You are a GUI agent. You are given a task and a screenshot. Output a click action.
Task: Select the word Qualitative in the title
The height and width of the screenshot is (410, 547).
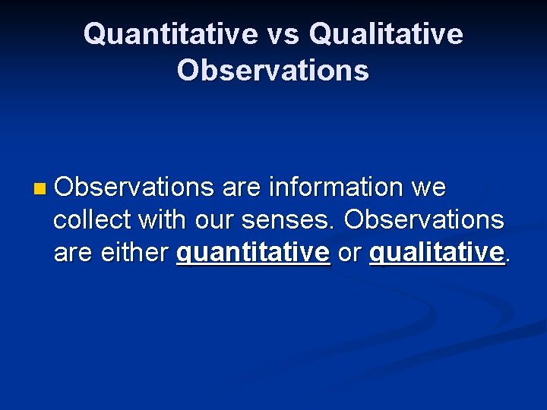[x=387, y=34]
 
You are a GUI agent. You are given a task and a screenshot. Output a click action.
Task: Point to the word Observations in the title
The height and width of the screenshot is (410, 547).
[x=273, y=70]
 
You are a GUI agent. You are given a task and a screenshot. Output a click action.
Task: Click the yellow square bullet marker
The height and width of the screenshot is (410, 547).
[x=40, y=188]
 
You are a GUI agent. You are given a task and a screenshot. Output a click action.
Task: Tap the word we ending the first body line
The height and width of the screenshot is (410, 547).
[x=428, y=187]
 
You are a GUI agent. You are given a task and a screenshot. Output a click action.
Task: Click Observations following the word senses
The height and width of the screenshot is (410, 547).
[x=424, y=220]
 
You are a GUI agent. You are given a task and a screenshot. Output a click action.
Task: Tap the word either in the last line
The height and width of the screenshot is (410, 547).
[x=133, y=253]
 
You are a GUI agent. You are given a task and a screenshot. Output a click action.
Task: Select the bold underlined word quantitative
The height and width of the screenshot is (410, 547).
[x=253, y=253]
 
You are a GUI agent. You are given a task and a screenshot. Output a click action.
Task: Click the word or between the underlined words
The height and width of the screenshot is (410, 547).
[x=349, y=253]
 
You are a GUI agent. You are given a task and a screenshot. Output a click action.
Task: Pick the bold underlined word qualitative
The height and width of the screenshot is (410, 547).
[x=437, y=253]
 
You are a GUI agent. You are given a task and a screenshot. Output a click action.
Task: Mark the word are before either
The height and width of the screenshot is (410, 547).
[x=72, y=253]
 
